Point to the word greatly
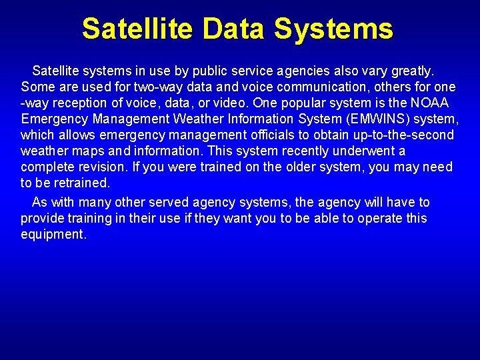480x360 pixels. tap(411, 71)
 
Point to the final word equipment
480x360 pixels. tap(53, 235)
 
